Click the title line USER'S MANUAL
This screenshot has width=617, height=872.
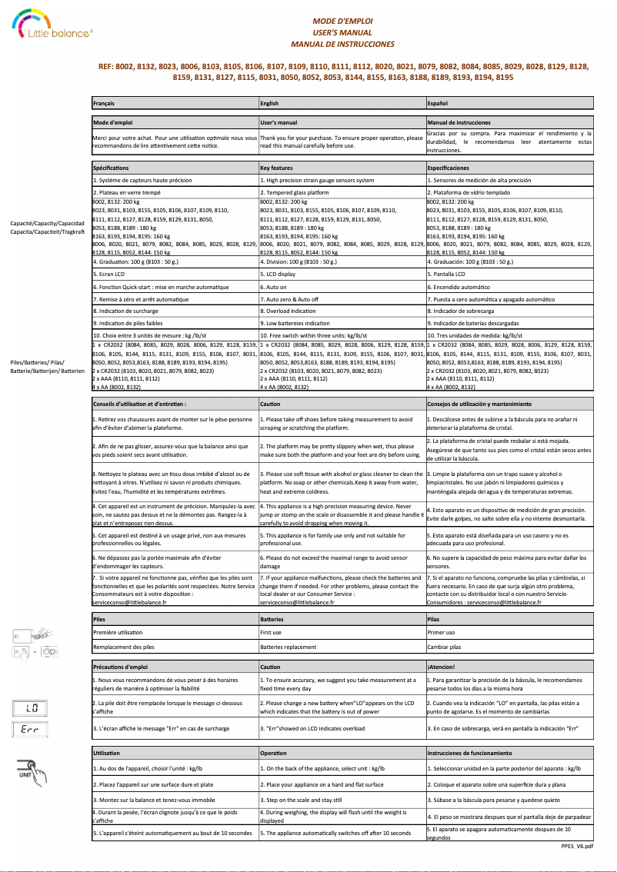pyautogui.click(x=342, y=33)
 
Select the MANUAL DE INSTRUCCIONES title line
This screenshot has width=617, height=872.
pyautogui.click(x=342, y=45)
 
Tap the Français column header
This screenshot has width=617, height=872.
pyautogui.click(x=105, y=102)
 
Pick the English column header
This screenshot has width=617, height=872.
pyautogui.click(x=270, y=102)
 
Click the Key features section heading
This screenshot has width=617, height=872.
pyautogui.click(x=277, y=167)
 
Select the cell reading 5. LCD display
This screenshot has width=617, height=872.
pyautogui.click(x=278, y=273)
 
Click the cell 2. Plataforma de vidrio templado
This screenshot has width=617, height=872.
pyautogui.click(x=467, y=192)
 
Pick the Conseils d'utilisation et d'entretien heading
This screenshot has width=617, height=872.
pyautogui.click(x=139, y=403)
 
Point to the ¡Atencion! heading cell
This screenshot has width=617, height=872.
pyautogui.click(x=441, y=666)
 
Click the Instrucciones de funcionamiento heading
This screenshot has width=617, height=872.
pyautogui.click(x=469, y=753)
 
